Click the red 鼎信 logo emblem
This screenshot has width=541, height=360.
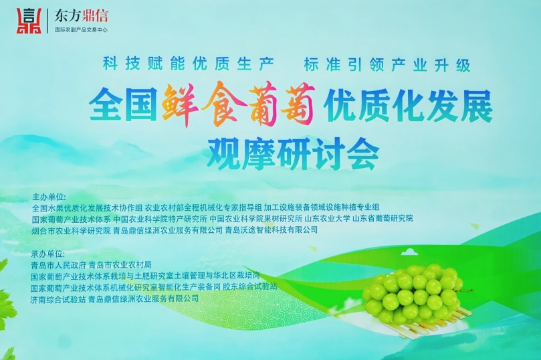(29, 21)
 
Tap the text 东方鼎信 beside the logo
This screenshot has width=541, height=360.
(81, 15)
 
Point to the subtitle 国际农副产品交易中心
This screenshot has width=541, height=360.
(82, 29)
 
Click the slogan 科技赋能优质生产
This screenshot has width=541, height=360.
(189, 64)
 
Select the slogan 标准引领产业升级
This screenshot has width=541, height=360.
(387, 64)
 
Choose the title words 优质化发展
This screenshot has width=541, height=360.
(409, 106)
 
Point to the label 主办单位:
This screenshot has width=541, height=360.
(49, 197)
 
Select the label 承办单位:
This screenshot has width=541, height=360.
(48, 254)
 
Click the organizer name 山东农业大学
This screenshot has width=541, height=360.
(328, 219)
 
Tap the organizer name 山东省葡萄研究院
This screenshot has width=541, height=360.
(383, 218)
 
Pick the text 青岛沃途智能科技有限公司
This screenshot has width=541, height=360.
(272, 230)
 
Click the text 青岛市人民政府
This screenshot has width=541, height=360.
(58, 265)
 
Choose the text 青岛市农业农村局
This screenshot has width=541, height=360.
(120, 265)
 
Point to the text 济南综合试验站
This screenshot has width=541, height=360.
(58, 299)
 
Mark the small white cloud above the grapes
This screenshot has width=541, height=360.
(410, 252)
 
